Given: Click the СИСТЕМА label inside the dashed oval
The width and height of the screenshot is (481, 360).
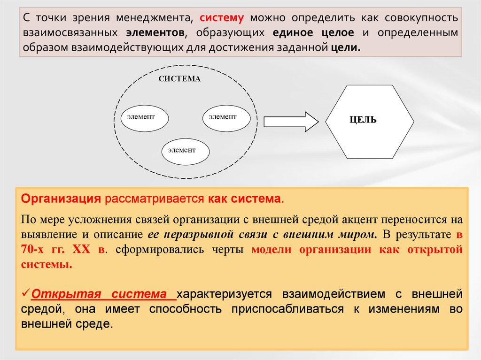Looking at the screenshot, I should (179, 79).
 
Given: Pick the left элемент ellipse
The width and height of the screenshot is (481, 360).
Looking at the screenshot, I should (145, 116).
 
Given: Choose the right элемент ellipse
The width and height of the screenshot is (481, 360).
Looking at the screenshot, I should (226, 117).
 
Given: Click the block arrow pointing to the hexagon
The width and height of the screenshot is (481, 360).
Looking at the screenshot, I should (291, 122).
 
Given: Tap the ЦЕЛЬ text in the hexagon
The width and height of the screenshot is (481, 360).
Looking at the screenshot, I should (363, 120).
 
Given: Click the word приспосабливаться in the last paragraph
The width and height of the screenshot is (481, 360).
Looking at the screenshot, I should (276, 309).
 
